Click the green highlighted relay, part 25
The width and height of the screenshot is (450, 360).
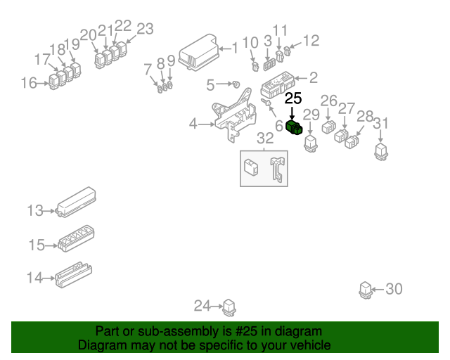pyautogui.click(x=295, y=127)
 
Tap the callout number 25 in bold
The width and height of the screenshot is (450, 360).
pyautogui.click(x=292, y=98)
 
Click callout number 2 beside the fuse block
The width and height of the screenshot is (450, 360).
pyautogui.click(x=313, y=78)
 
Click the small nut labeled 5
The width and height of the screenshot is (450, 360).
pyautogui.click(x=236, y=85)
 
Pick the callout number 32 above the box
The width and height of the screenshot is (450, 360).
pyautogui.click(x=264, y=138)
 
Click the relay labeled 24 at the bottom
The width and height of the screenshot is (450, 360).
pyautogui.click(x=229, y=307)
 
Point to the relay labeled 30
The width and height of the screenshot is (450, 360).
pyautogui.click(x=365, y=289)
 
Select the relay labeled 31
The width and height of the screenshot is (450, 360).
pyautogui.click(x=381, y=150)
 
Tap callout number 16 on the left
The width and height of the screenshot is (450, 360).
pyautogui.click(x=29, y=84)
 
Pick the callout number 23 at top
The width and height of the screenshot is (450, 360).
pyautogui.click(x=144, y=29)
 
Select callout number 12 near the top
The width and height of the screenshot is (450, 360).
pyautogui.click(x=310, y=41)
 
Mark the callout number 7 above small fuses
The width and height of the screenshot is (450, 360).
pyautogui.click(x=148, y=69)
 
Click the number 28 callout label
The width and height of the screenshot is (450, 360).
pyautogui.click(x=365, y=116)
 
